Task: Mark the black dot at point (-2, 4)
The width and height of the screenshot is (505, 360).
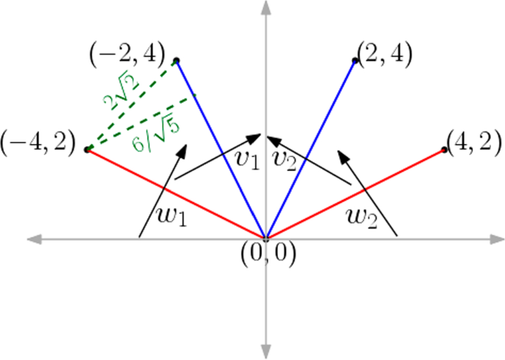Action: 176,60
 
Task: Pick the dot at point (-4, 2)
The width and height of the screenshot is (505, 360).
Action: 88,150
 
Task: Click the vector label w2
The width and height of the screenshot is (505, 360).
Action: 363,217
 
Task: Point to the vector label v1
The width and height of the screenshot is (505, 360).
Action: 246,160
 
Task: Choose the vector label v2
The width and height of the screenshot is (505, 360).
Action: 284,160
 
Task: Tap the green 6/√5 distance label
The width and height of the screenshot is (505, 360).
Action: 156,131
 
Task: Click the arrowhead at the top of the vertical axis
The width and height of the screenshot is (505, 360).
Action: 265,9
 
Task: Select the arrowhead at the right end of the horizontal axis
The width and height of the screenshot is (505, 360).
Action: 495,238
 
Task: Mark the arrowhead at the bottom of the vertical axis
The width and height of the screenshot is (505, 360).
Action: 265,350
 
